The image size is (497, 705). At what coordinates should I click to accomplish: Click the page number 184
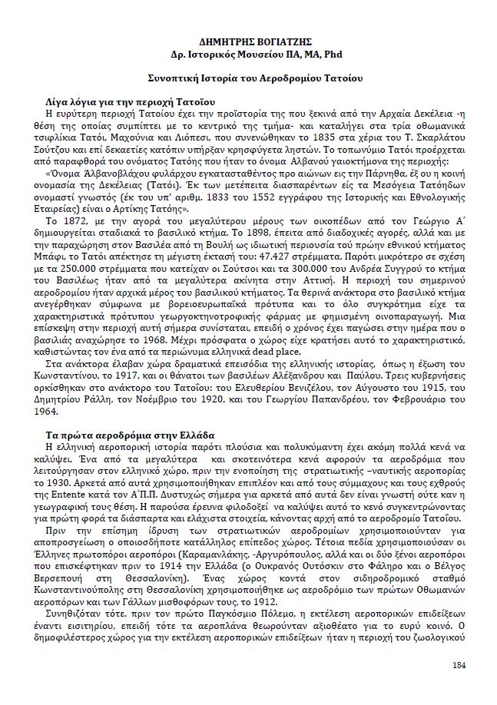(x=459, y=664)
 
